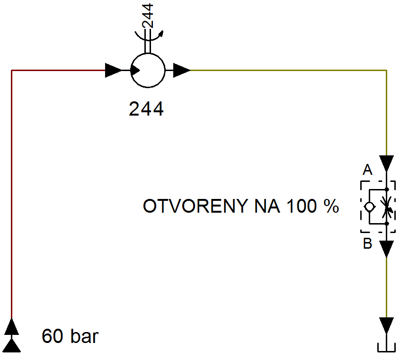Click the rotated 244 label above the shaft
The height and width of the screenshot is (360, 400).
click(148, 15)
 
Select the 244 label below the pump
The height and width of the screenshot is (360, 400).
click(146, 109)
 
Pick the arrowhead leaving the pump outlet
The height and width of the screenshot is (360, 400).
click(182, 70)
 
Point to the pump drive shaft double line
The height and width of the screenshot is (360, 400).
click(148, 41)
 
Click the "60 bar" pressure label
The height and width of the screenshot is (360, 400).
click(70, 336)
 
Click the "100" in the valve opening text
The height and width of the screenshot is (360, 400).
click(301, 206)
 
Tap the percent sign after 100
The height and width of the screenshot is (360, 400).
click(331, 206)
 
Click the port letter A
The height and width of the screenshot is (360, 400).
click(367, 170)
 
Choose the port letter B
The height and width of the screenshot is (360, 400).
click(367, 243)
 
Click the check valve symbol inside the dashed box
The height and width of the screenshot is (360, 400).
click(369, 207)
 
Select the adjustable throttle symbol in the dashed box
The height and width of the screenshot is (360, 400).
click(387, 207)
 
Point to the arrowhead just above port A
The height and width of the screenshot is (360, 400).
click(387, 164)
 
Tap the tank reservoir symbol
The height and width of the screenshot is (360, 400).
click(387, 348)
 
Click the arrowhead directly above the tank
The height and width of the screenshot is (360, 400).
click(387, 325)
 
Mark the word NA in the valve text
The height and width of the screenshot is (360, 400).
click(267, 206)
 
